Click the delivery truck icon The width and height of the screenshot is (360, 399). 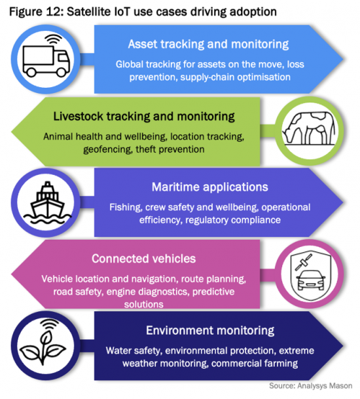46,61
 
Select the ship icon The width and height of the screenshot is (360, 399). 47,203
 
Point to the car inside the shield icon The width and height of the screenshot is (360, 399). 311,280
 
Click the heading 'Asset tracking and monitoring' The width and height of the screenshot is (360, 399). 208,44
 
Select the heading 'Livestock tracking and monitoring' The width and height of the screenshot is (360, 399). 144,116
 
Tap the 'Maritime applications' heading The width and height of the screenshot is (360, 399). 209,187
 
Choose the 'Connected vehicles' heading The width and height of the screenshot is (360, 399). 143,259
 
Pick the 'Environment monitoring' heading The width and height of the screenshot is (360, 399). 210,330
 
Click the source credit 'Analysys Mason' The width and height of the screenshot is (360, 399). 325,386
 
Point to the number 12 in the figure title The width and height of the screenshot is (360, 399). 54,12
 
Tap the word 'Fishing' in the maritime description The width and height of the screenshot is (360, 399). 126,208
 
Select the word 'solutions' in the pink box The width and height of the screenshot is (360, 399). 143,305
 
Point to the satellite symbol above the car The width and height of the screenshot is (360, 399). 303,262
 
